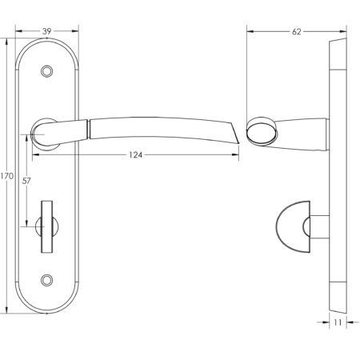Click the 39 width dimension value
pos(49,30)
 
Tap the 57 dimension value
pos(27,182)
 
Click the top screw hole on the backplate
pos(50,71)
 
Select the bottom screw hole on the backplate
pos(50,281)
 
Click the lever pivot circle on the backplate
pos(44,128)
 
